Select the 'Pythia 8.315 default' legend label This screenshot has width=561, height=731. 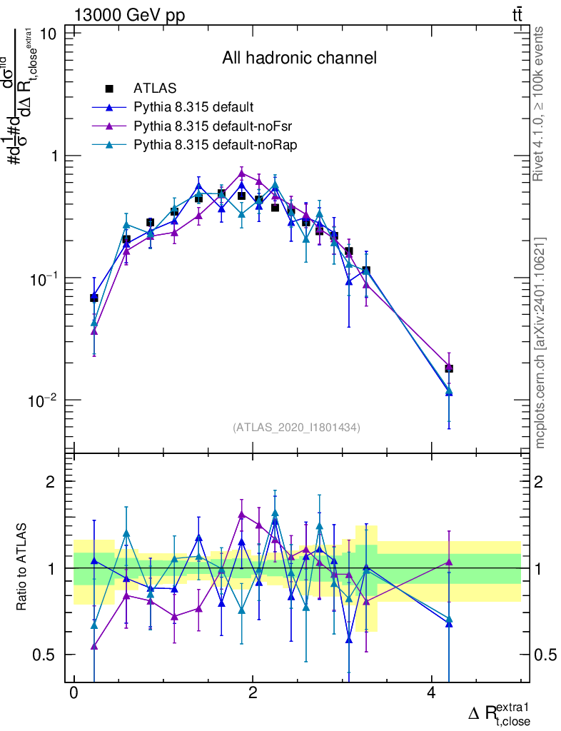click(193, 108)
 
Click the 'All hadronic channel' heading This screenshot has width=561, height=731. click(298, 58)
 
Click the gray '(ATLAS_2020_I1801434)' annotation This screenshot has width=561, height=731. click(296, 428)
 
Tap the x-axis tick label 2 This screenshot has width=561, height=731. click(253, 693)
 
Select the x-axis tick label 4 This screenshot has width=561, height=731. click(431, 693)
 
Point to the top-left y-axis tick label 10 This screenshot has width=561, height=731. click(51, 34)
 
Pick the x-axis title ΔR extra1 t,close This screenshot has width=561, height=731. click(500, 714)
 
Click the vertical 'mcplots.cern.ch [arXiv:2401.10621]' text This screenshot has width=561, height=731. click(540, 343)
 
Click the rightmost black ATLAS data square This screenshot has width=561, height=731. click(449, 368)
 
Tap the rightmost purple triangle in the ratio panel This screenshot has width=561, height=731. click(449, 562)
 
